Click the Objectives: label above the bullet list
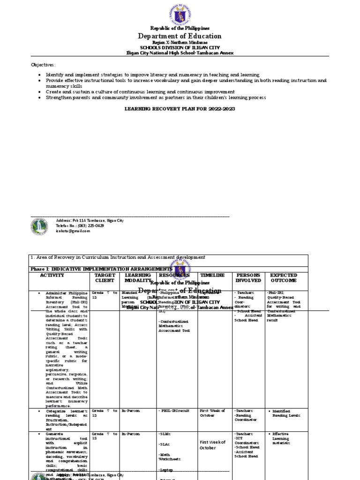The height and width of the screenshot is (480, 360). [43, 65]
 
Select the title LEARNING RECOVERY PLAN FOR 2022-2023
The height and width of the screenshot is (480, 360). [180, 108]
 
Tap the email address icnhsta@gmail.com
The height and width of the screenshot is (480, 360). [73, 231]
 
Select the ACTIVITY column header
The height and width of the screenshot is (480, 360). [52, 275]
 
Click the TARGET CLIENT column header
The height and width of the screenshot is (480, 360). [105, 278]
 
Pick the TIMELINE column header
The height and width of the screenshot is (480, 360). [212, 275]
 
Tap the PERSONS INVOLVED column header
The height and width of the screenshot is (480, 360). [248, 278]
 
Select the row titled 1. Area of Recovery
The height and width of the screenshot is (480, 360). [117, 257]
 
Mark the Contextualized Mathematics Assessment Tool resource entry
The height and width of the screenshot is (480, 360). [174, 326]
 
